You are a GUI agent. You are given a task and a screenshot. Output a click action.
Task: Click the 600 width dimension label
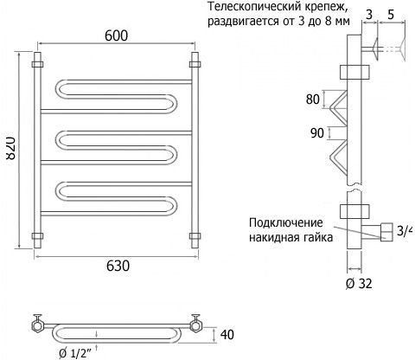coord(116,35)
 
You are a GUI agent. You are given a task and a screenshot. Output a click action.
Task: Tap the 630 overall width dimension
coord(118,266)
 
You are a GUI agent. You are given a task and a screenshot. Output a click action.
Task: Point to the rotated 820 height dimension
coord(10,149)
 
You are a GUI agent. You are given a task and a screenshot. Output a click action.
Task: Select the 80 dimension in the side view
coord(313,100)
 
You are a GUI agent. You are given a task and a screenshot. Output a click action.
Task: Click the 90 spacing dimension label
coord(317,133)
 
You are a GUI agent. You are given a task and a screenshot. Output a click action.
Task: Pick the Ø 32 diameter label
coord(359,284)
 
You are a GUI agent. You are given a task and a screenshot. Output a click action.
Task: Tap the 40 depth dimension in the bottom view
coord(227,335)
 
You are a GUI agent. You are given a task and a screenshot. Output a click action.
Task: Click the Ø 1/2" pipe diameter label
coord(75,352)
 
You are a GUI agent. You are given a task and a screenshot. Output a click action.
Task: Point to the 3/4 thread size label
coord(405,231)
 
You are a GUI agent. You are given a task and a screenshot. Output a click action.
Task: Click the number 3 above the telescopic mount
coord(369,15)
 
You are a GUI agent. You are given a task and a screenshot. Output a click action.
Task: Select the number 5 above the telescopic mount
coord(391,15)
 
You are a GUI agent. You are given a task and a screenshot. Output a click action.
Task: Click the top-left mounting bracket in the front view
coord(37,64)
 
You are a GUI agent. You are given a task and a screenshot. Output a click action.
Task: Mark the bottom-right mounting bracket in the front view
coord(195,236)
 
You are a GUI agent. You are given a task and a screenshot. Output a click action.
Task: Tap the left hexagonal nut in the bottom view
coord(37,326)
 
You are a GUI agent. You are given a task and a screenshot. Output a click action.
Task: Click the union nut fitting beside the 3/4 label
coord(386,232)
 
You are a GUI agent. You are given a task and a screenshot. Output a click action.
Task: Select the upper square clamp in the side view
coord(354,72)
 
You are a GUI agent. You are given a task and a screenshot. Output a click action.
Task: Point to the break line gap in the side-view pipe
coord(354,188)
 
